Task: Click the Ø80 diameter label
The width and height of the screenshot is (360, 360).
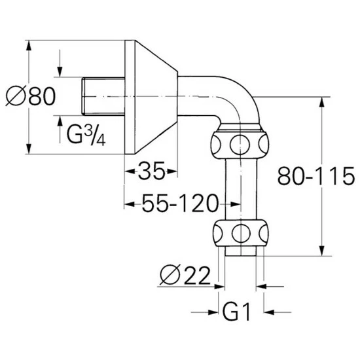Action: click(x=31, y=96)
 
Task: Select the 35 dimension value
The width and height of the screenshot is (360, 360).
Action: click(x=152, y=171)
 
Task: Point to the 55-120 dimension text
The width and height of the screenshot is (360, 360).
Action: click(x=180, y=203)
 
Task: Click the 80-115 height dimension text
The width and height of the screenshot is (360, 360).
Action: click(x=316, y=176)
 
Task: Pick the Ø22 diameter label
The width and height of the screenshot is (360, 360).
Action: click(x=185, y=275)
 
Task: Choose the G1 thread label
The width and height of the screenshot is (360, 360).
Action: click(x=236, y=312)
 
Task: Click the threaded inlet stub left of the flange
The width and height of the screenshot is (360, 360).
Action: click(x=103, y=96)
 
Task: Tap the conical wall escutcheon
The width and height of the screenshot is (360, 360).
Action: click(x=151, y=97)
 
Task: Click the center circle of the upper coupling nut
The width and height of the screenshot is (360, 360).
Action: click(x=240, y=145)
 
